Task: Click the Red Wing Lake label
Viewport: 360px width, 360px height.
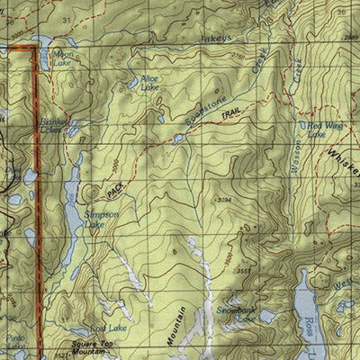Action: (325, 130)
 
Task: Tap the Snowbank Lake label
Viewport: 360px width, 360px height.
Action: (236, 314)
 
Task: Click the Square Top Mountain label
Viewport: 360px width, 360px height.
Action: (95, 348)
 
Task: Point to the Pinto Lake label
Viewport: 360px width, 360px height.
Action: (15, 343)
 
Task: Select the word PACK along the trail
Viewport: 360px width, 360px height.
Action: (114, 190)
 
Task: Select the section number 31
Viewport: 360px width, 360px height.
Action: (66, 19)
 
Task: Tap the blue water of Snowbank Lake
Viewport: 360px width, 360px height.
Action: (267, 316)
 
